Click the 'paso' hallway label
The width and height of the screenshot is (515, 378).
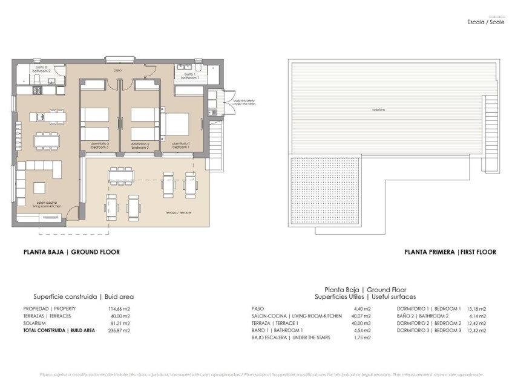(x=118, y=71)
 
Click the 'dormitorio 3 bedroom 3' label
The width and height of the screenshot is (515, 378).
(x=99, y=145)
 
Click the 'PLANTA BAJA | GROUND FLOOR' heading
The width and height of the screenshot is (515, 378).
(x=71, y=252)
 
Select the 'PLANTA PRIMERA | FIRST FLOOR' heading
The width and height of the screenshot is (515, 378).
(x=450, y=252)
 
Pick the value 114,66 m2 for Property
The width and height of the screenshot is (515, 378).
(x=119, y=308)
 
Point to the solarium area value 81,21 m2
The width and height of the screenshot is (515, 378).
(x=120, y=324)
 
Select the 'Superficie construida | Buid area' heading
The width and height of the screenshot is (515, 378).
(x=83, y=297)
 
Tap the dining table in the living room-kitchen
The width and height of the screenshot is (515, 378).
(x=47, y=141)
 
